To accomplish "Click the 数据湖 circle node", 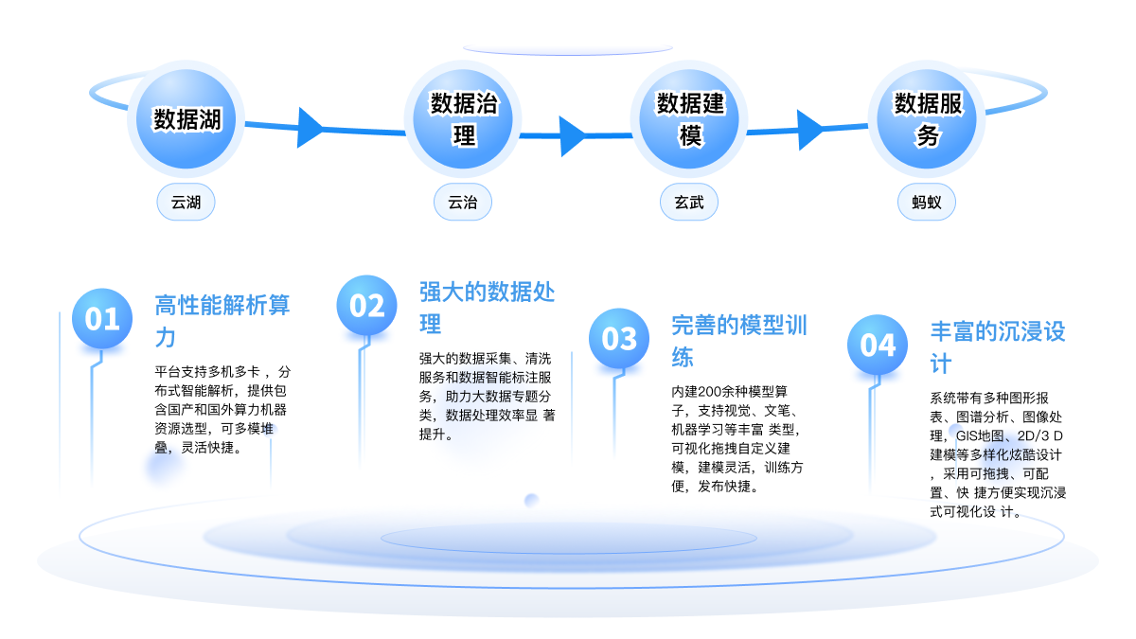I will tap(187, 118).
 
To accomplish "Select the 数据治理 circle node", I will tap(464, 118).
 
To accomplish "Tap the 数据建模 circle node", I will tap(691, 118).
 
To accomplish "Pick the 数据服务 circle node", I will tap(929, 118).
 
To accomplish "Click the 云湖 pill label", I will tap(186, 202).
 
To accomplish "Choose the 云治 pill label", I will tap(463, 202).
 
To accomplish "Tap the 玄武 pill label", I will tap(689, 202).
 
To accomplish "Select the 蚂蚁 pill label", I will tap(927, 202).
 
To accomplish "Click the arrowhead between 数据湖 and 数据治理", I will tap(310, 122).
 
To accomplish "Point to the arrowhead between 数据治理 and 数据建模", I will tap(572, 136).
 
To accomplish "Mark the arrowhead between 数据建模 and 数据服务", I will tap(810, 130).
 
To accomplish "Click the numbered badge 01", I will tap(102, 318).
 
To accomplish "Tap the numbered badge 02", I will tap(366, 305).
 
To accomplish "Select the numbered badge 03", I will tap(619, 338).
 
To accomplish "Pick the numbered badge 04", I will tap(878, 345).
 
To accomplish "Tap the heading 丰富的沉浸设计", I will tap(998, 347).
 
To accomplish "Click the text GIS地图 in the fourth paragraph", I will tap(975, 436).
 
